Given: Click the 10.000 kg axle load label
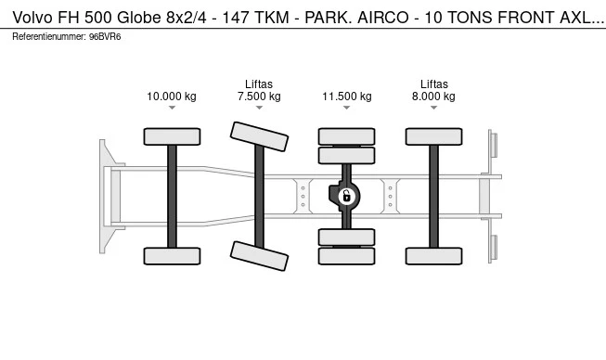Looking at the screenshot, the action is tap(172, 96).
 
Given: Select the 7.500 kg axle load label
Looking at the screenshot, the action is tap(259, 96).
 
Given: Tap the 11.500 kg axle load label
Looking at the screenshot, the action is tap(347, 96).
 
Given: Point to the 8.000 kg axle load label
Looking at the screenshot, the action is tap(433, 96).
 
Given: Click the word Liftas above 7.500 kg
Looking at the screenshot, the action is tap(259, 84).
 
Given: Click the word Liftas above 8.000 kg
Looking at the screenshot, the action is tap(434, 84).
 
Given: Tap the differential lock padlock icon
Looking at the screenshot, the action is tap(347, 196).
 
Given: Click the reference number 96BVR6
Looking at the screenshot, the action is tap(105, 37).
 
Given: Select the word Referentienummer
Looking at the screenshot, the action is tap(48, 37).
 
